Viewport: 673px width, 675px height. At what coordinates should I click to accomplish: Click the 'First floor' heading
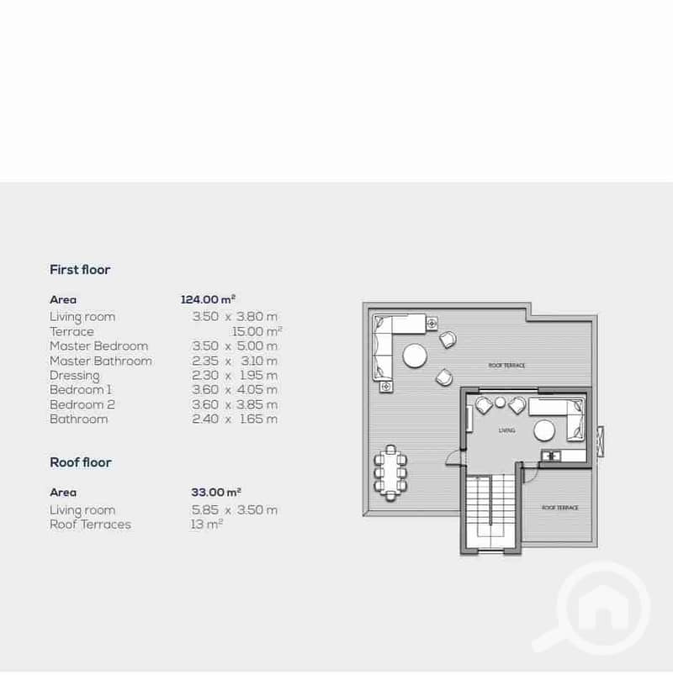pos(80,270)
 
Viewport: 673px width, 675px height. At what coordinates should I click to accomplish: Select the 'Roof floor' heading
pos(81,463)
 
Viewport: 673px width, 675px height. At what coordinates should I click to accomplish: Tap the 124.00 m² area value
pos(208,299)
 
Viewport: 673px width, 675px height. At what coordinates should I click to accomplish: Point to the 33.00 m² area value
pos(216,492)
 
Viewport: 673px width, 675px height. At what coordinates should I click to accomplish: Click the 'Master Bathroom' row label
pos(101,361)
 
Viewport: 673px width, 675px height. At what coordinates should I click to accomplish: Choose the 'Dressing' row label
pos(75,376)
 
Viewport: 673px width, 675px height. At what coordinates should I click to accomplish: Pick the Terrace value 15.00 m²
pos(257,331)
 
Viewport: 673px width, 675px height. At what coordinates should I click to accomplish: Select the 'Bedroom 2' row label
pos(82,404)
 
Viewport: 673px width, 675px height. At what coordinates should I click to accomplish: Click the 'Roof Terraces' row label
pos(91,525)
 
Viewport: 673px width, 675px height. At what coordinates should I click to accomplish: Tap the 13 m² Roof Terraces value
pos(207,525)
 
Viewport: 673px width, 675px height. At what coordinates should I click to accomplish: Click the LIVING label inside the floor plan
pos(506,430)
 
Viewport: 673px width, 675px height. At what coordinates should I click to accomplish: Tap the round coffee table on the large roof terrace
pos(415,356)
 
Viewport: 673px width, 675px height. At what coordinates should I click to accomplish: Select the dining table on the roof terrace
pos(390,473)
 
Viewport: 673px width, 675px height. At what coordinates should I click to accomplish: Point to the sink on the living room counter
pos(551,456)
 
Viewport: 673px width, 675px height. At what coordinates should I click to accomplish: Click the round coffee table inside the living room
pos(544,431)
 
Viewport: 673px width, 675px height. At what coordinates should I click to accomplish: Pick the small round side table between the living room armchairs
pos(500,403)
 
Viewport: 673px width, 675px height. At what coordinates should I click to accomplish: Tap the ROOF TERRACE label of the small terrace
pos(560,508)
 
